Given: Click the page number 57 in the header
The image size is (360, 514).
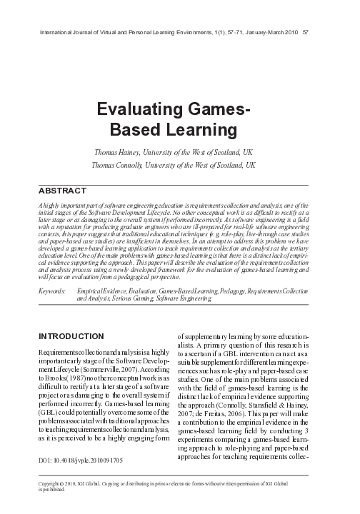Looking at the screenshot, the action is click(x=306, y=32).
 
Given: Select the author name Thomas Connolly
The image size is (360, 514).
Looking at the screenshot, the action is click(x=121, y=166).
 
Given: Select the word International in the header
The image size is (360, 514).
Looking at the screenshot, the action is click(x=54, y=32).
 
